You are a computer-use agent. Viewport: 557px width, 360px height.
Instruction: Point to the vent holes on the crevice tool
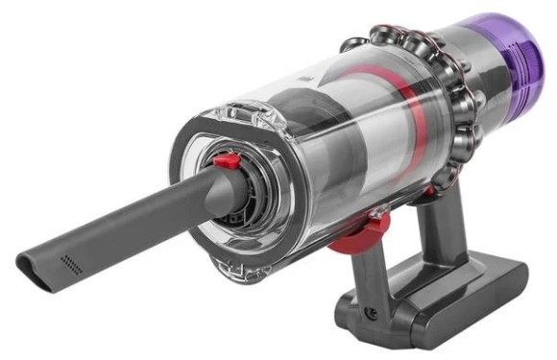tap(70, 261)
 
